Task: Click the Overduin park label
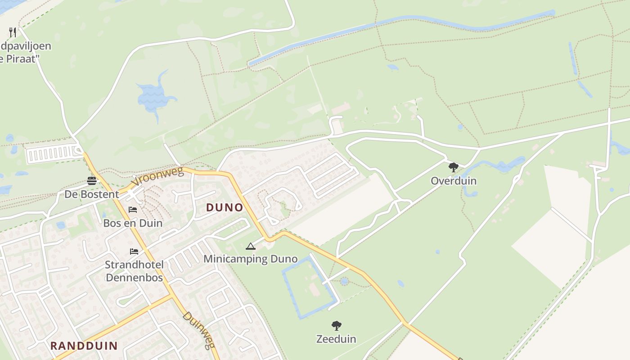(x=453, y=181)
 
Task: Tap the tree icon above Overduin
(x=453, y=168)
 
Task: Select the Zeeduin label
(x=336, y=339)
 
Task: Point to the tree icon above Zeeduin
(x=336, y=326)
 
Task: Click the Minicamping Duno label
(x=250, y=259)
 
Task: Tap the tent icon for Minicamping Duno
(x=251, y=246)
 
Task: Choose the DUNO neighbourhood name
(x=225, y=207)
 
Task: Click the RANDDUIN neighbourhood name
(x=84, y=346)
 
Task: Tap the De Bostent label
(x=92, y=194)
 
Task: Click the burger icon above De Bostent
(x=92, y=181)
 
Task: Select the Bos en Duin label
(x=133, y=223)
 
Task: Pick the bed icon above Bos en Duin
(x=133, y=210)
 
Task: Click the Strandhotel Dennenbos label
(x=134, y=271)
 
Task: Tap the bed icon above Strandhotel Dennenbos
(x=134, y=251)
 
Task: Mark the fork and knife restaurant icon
(x=13, y=32)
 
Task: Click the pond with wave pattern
(x=153, y=95)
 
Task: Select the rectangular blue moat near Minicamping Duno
(x=310, y=288)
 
